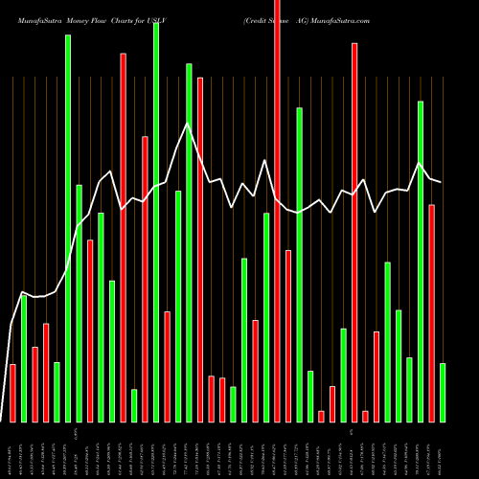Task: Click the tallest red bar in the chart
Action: pyautogui.click(x=277, y=211)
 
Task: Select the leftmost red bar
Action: pyautogui.click(x=12, y=393)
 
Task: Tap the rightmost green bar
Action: pyautogui.click(x=442, y=392)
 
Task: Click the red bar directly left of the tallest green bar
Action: pyautogui.click(x=145, y=278)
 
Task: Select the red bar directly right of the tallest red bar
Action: pyautogui.click(x=287, y=335)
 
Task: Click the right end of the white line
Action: pyautogui.click(x=442, y=182)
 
